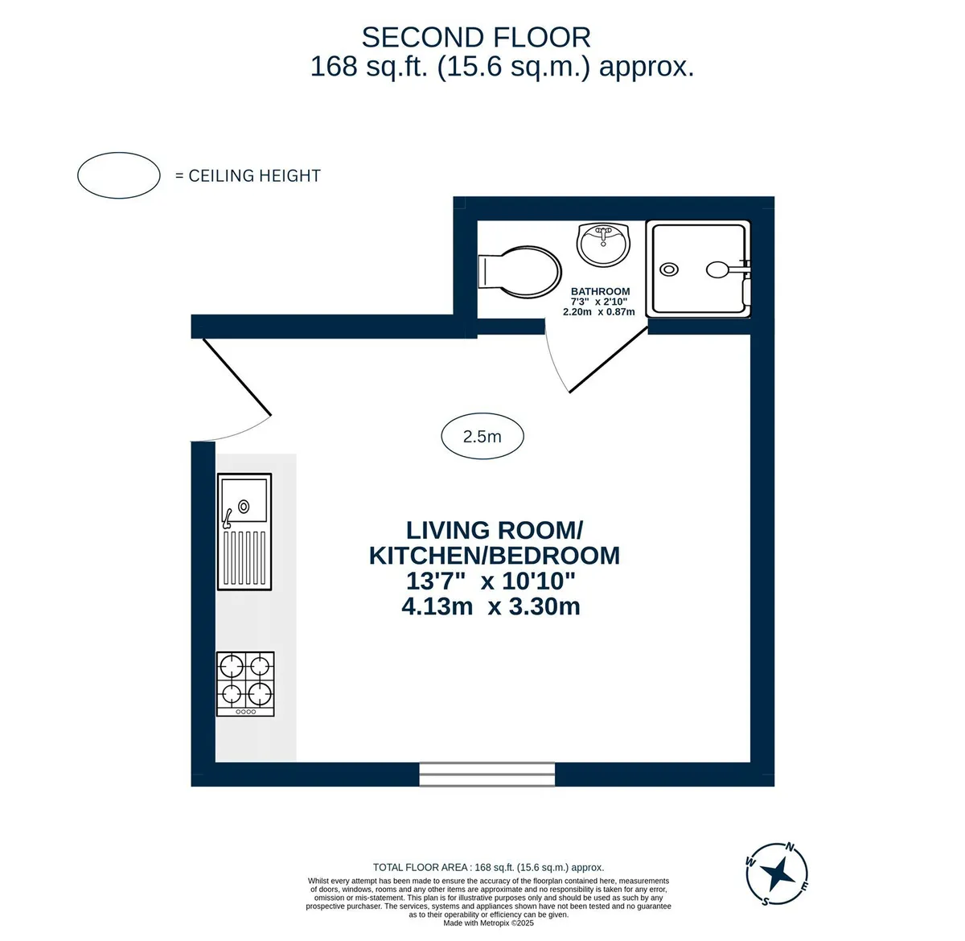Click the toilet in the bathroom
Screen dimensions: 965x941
point(518,272)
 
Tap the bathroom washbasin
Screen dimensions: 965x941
point(603,244)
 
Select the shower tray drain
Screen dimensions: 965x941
point(668,269)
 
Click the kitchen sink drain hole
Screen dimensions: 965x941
point(244,507)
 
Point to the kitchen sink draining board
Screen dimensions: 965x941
point(244,557)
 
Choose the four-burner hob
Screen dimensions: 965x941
point(245,684)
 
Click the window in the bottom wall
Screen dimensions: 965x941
point(487,774)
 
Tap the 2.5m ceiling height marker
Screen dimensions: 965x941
point(482,436)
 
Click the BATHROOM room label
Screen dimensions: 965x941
point(600,291)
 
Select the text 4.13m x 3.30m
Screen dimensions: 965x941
point(491,606)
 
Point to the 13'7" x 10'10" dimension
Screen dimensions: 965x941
point(491,581)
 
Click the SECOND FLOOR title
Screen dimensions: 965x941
point(476,37)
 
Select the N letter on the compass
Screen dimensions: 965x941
point(790,846)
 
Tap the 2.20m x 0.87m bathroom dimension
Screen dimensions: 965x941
point(599,312)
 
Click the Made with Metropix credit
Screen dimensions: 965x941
point(488,923)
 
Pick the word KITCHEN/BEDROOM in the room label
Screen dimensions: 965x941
point(495,555)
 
